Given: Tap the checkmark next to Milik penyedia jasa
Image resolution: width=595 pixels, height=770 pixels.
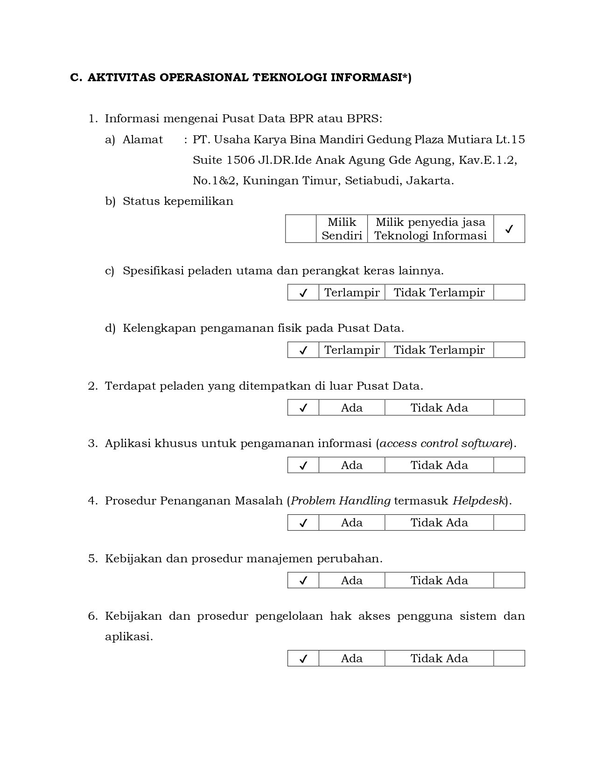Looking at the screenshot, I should (x=509, y=229).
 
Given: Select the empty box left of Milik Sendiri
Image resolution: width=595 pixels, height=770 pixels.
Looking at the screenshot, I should (x=301, y=229).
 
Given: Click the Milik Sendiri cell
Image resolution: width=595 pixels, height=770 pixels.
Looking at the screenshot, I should (x=342, y=229).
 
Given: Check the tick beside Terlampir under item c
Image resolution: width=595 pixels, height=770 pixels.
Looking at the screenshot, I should (x=303, y=293).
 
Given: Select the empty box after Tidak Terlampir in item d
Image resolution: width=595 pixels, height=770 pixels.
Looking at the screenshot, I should (x=509, y=350).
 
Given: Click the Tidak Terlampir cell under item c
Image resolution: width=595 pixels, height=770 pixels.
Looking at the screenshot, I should (x=439, y=293).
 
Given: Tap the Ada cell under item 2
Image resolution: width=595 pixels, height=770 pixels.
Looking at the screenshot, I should (x=352, y=408).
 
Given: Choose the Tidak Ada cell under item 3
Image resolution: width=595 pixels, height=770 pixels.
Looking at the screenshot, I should (x=439, y=465).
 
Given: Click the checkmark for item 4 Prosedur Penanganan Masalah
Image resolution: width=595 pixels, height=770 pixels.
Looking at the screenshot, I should (x=303, y=523).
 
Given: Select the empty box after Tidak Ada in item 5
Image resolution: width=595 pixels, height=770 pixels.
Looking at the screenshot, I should (x=509, y=581).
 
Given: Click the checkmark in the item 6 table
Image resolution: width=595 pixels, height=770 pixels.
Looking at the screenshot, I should (x=303, y=658).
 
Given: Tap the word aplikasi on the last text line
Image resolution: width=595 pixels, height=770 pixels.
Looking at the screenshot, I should (x=129, y=637).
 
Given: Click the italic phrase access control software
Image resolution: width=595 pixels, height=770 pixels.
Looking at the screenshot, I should (x=444, y=443).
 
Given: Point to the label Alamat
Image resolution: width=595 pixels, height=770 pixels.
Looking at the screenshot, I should (x=143, y=140).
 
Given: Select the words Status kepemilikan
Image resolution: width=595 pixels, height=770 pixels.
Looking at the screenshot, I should (x=178, y=201).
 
